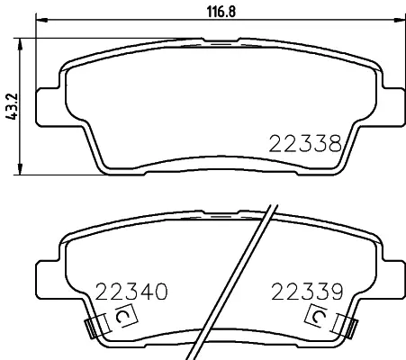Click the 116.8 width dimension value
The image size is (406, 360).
[221, 12]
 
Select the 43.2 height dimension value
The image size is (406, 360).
[13, 106]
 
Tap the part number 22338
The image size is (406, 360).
[305, 143]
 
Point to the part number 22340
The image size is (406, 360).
[131, 292]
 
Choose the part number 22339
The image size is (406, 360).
[307, 292]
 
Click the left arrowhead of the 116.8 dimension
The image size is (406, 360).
[41, 21]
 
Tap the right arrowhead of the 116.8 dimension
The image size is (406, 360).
[399, 21]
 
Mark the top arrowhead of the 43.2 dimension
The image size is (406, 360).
[20, 44]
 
